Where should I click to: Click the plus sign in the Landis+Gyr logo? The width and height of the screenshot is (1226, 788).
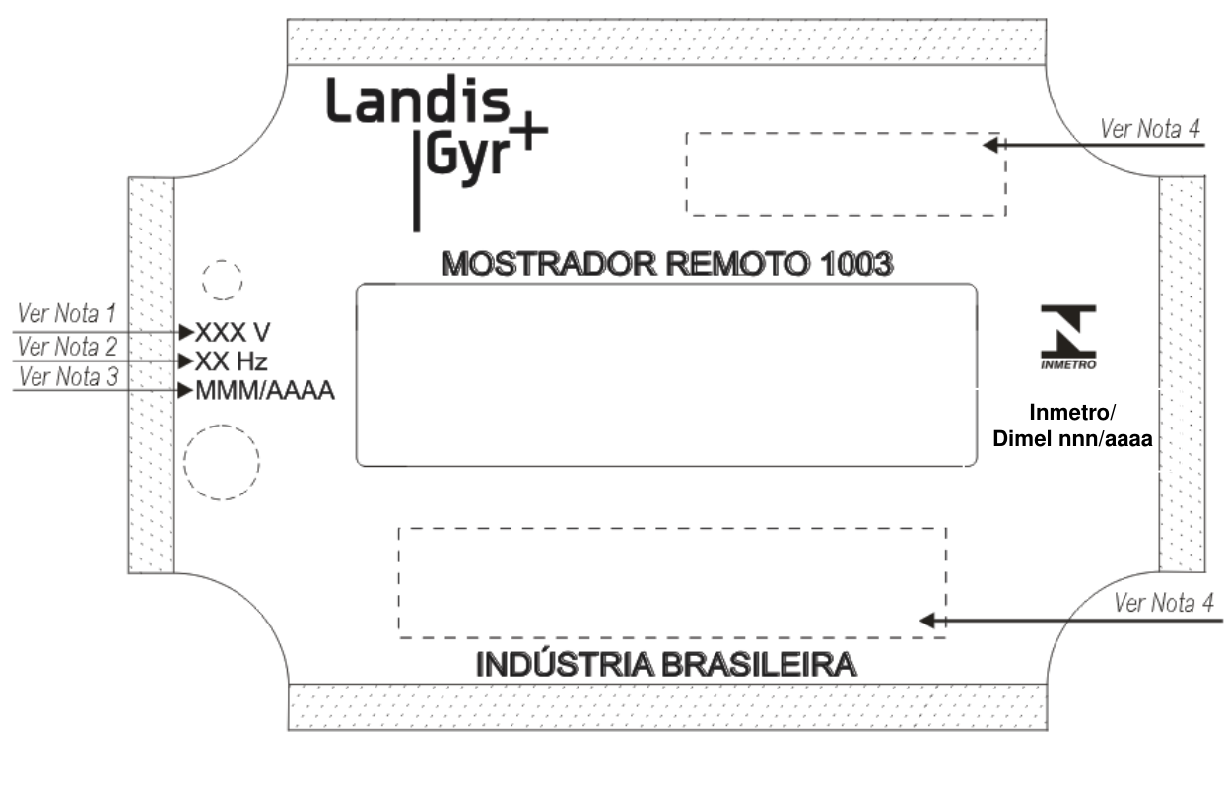526,130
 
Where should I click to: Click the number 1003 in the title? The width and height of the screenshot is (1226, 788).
856,264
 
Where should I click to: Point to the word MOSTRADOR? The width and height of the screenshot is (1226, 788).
548,264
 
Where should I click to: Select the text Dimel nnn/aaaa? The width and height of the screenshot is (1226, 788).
1072,438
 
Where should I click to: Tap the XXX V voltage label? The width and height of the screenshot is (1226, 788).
233,332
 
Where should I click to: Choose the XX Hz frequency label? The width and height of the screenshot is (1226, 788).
231,361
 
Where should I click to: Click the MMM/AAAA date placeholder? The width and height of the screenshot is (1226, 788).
265,390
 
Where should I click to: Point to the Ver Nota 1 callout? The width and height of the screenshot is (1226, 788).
67,313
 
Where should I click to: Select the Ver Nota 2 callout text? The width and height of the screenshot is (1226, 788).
67,346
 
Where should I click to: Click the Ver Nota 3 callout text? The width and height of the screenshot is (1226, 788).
69,377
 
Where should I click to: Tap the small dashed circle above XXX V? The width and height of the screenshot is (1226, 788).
222,261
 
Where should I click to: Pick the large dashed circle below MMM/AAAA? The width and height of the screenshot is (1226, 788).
222,426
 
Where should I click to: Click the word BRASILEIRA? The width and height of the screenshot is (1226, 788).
759,665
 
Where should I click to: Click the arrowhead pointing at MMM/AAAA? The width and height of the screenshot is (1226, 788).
186,390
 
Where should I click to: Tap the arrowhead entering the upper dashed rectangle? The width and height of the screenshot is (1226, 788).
990,146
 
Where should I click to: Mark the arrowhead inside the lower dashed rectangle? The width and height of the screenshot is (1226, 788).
927,621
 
